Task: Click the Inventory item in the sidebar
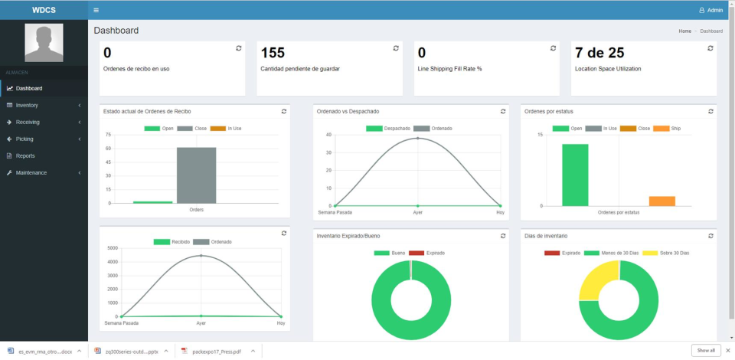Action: click(x=27, y=105)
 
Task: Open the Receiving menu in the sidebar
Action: click(x=28, y=122)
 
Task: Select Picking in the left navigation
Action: click(x=24, y=139)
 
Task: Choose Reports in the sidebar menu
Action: click(x=25, y=155)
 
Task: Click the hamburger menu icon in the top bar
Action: click(x=96, y=10)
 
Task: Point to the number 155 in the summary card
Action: click(x=273, y=53)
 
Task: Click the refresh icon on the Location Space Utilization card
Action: click(x=710, y=47)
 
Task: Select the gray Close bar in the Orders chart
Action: click(x=196, y=175)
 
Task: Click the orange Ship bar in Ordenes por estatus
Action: click(x=662, y=201)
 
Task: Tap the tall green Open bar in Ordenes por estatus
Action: click(x=575, y=175)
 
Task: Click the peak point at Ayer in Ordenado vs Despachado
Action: click(x=418, y=139)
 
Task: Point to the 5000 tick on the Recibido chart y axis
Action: click(x=112, y=248)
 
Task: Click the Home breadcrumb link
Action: click(x=684, y=31)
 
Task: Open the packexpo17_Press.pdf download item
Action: click(x=216, y=351)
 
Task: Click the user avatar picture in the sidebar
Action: click(x=44, y=42)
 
